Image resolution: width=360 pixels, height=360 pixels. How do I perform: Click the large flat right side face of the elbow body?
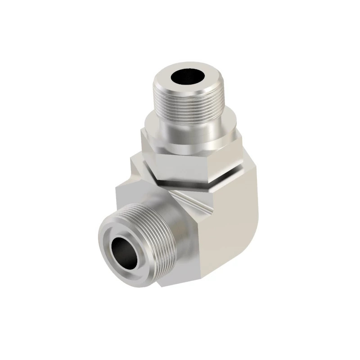coord(229,216)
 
